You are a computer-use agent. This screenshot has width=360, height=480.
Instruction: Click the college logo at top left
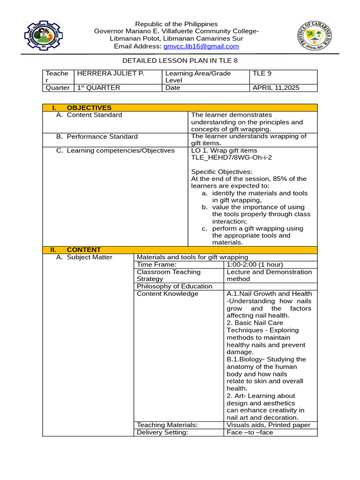tap(43, 36)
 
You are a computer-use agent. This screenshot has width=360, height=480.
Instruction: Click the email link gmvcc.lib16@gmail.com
tap(201, 46)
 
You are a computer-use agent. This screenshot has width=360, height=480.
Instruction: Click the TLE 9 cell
tap(262, 74)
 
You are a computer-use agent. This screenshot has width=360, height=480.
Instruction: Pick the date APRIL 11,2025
tap(276, 88)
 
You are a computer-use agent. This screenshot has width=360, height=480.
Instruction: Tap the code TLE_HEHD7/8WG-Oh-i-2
tap(231, 157)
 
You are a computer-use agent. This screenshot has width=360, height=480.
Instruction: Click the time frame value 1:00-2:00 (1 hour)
tap(255, 264)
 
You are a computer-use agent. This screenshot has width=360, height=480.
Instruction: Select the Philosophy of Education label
tap(174, 286)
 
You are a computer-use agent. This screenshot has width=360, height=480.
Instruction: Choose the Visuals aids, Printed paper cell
tap(268, 425)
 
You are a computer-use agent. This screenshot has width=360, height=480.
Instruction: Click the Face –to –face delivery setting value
tap(249, 432)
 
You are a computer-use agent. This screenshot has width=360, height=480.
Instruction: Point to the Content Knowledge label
tap(167, 294)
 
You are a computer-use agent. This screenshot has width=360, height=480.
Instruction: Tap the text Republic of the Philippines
tap(176, 24)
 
